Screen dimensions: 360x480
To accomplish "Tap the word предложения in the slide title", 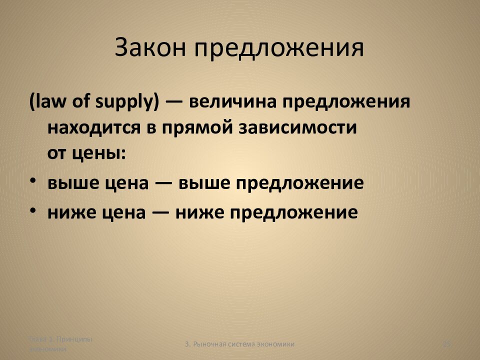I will click(x=279, y=49).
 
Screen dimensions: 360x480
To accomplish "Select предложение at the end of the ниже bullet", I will click(x=294, y=213).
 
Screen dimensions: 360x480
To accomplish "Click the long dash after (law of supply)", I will click(x=174, y=102).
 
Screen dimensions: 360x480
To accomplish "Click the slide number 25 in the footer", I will click(x=447, y=343).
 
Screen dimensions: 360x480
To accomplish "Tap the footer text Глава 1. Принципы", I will click(x=60, y=339).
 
